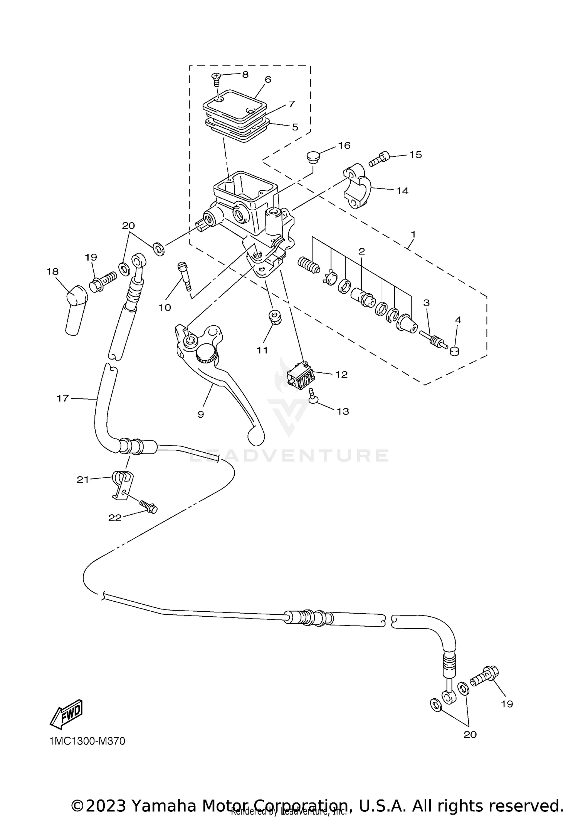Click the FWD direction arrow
tap(66, 714)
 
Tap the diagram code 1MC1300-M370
tap(87, 741)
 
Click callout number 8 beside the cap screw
tap(245, 74)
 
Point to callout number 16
tap(344, 146)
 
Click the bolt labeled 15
tap(380, 159)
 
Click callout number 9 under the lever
tap(201, 414)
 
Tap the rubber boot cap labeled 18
tap(76, 309)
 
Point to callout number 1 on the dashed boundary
tap(413, 234)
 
